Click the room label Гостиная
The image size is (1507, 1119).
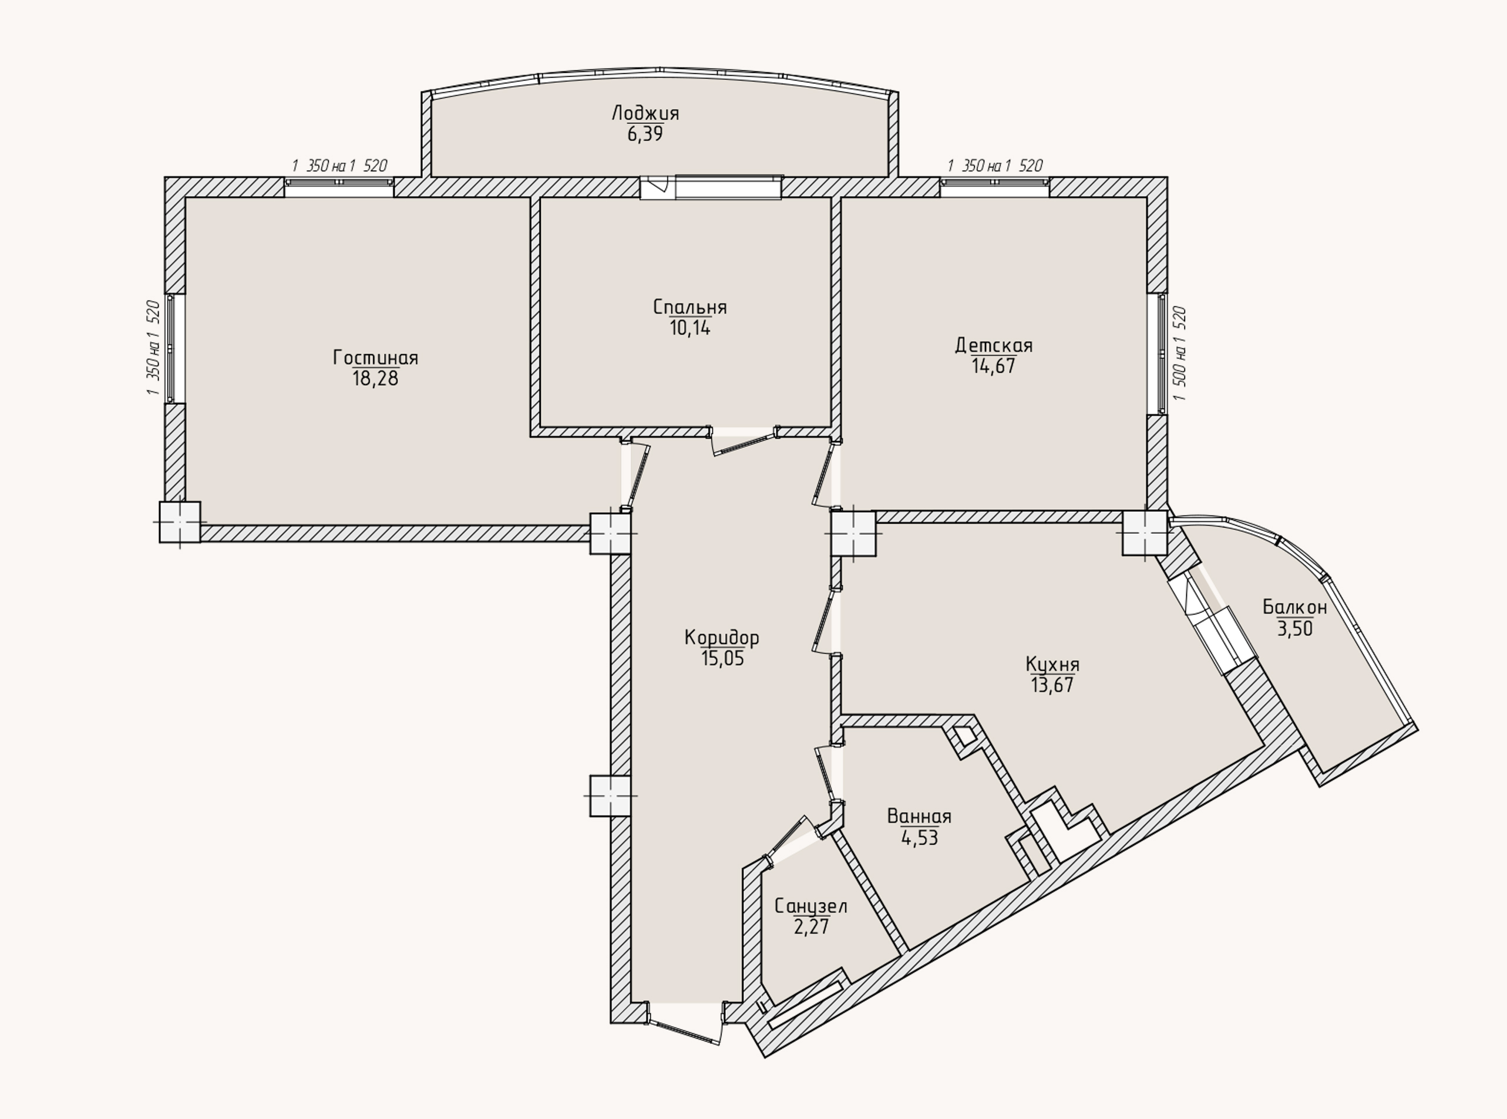375,358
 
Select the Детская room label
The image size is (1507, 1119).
993,345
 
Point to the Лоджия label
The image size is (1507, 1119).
644,113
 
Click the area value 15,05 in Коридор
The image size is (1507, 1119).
722,658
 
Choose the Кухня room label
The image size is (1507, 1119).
1052,665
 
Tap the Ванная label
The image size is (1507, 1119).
919,817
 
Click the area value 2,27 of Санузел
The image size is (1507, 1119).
811,926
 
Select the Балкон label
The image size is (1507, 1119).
1294,608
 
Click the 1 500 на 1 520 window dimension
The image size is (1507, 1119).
1179,353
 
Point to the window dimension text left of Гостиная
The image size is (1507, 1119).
153,348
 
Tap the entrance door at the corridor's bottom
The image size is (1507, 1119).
684,1023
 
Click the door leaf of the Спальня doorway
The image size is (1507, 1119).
744,442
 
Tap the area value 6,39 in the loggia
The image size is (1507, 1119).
644,134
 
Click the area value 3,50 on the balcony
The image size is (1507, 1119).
1295,629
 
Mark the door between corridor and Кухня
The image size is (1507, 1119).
827,621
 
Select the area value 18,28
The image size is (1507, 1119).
375,379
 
